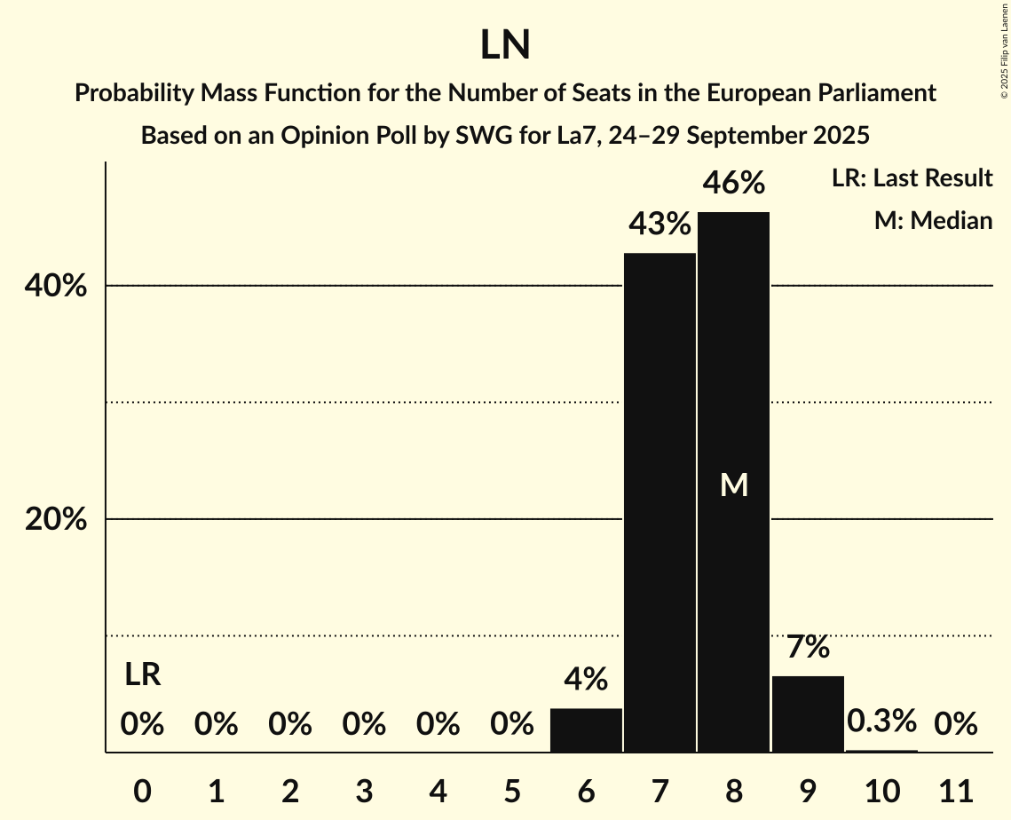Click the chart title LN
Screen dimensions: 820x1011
pos(505,45)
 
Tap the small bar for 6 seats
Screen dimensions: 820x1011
pos(586,730)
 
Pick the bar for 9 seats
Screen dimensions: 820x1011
pos(808,714)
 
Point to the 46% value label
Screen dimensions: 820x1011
pos(733,184)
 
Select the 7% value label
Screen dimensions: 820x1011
pos(808,647)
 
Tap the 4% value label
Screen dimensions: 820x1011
pos(586,680)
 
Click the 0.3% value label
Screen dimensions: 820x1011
pos(881,721)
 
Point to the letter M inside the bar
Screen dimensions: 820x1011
pos(734,485)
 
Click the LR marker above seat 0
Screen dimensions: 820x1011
pos(142,675)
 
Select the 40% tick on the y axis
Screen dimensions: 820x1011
pos(56,287)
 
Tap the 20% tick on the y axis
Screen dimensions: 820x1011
pos(56,520)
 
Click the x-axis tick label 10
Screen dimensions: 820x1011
pos(881,789)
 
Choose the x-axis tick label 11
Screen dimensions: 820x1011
pos(955,789)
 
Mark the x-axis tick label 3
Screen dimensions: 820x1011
pos(364,789)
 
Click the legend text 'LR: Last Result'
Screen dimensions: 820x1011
pos(912,178)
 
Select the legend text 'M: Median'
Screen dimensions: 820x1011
pos(933,220)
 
